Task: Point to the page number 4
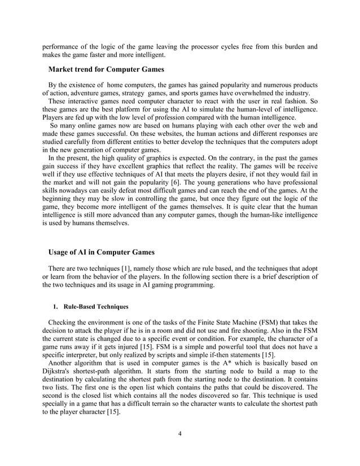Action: point(179,433)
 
